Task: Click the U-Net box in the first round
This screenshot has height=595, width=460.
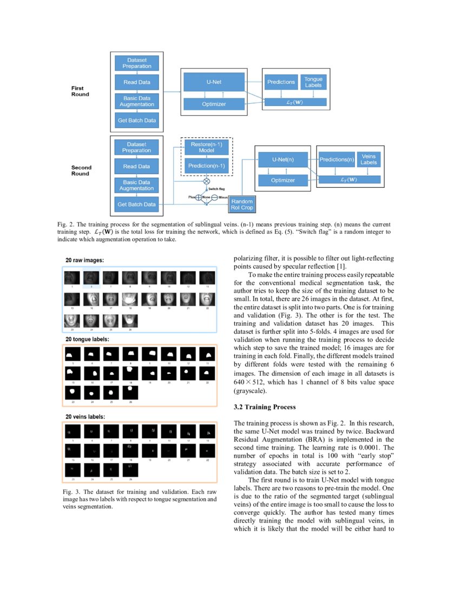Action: pyautogui.click(x=214, y=82)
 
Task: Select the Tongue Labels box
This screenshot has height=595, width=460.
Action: pyautogui.click(x=313, y=82)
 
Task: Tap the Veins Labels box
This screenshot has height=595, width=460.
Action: pyautogui.click(x=369, y=159)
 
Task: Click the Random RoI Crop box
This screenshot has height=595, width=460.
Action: pyautogui.click(x=242, y=204)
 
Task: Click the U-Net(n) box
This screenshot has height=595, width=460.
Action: pyautogui.click(x=282, y=160)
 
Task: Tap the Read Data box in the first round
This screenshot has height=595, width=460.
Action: pyautogui.click(x=137, y=82)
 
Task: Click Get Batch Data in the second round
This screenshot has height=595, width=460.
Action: pyautogui.click(x=137, y=204)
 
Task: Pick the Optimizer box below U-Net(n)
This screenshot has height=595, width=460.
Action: pyautogui.click(x=282, y=180)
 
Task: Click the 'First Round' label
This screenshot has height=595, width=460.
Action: pyautogui.click(x=81, y=91)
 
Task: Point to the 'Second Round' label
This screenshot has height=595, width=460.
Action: pyautogui.click(x=81, y=170)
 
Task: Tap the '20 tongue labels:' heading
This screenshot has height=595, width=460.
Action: pyautogui.click(x=89, y=340)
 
